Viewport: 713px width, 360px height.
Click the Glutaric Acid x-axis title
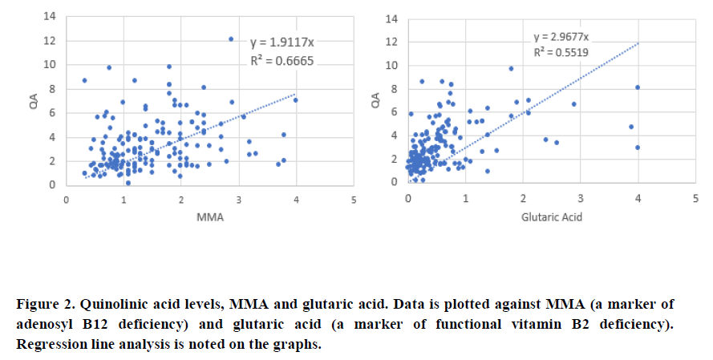(x=551, y=216)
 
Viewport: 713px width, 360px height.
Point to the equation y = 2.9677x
(x=561, y=37)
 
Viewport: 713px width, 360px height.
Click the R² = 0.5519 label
(x=561, y=51)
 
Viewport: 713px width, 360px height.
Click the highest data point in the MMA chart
(x=231, y=39)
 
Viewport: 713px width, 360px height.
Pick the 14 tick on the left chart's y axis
(x=50, y=16)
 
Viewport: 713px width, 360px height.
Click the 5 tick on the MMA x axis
(x=353, y=198)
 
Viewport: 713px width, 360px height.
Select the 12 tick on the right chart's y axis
(x=391, y=42)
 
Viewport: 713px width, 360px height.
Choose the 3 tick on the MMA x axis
(x=238, y=198)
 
